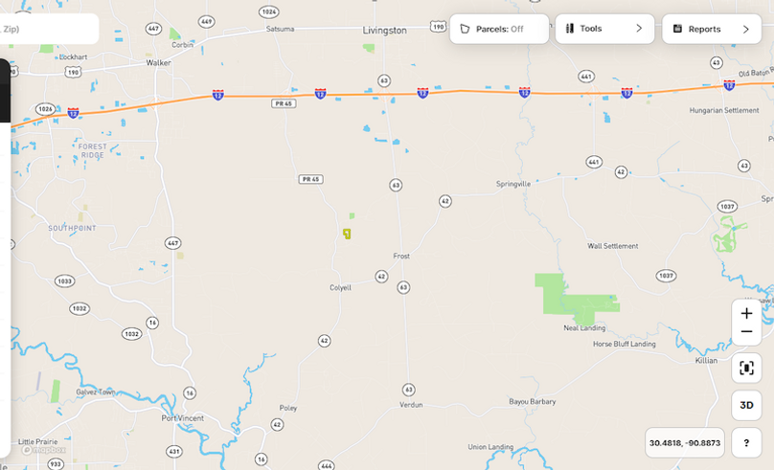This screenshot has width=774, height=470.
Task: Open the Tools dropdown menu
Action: click(604, 29)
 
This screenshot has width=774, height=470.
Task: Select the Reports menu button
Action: click(711, 29)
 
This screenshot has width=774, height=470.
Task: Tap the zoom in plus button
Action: click(746, 313)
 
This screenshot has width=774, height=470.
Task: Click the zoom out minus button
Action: click(746, 332)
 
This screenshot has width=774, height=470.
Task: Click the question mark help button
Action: click(746, 443)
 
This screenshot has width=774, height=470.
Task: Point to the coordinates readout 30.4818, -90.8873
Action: click(684, 443)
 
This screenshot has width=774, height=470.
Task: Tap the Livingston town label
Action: click(385, 31)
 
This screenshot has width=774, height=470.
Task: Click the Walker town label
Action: click(158, 62)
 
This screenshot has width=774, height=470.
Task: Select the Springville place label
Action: click(513, 184)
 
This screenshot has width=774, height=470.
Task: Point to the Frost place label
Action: click(401, 257)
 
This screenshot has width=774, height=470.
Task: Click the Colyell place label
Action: click(340, 287)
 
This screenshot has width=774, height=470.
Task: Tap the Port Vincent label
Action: click(182, 418)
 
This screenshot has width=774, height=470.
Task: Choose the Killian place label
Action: click(706, 361)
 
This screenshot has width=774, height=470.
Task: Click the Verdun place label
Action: click(410, 405)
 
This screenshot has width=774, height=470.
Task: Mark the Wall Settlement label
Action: click(612, 246)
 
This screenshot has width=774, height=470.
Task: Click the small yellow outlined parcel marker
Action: click(347, 234)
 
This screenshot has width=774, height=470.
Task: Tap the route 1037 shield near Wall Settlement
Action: click(666, 276)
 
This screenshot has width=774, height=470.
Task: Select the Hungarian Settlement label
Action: click(723, 110)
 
